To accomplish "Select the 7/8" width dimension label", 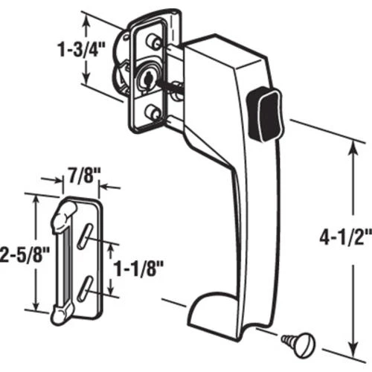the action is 83,176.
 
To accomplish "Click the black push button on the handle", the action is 265,113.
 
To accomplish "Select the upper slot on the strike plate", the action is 85,236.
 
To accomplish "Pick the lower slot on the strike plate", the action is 85,289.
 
